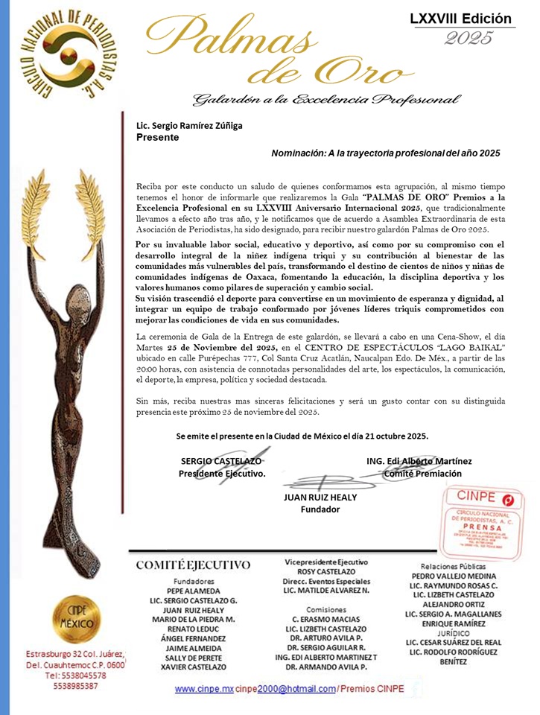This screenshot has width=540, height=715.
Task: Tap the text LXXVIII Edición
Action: [461, 19]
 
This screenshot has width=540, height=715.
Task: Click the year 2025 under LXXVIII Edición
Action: [469, 38]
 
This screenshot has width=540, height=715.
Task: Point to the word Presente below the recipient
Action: [158, 138]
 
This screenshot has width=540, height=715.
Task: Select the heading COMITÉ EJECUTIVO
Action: [193, 565]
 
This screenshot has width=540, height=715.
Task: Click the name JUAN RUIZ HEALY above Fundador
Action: [320, 498]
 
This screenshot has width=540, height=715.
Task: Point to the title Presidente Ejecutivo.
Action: [221, 473]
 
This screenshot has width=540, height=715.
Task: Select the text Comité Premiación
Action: [422, 473]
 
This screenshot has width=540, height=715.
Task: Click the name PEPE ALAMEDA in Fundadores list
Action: [194, 591]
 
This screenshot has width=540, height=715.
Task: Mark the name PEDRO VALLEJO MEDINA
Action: [454, 575]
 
